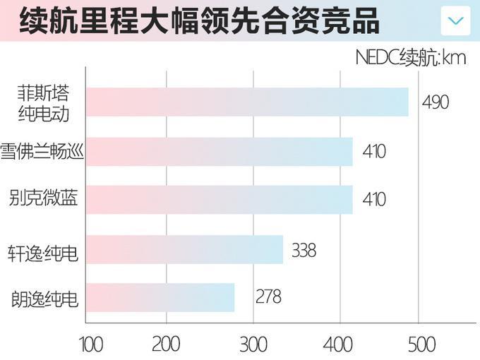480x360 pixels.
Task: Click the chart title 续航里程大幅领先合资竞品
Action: [x=199, y=21]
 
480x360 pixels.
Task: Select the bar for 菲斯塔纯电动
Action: [x=247, y=102]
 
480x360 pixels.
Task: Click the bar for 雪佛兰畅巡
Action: [x=219, y=151]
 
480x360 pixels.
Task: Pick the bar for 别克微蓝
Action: [x=219, y=199]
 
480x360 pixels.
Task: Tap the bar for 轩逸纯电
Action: [x=184, y=250]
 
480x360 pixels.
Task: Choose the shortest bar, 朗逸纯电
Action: [x=160, y=297]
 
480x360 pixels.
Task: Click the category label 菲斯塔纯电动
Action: [x=44, y=102]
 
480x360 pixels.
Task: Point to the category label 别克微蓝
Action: [x=44, y=199]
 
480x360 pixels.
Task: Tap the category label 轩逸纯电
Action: [x=44, y=251]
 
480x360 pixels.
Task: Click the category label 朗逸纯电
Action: [x=44, y=298]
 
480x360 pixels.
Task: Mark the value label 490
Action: [x=436, y=102]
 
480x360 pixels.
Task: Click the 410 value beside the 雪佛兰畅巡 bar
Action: [x=374, y=151]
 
